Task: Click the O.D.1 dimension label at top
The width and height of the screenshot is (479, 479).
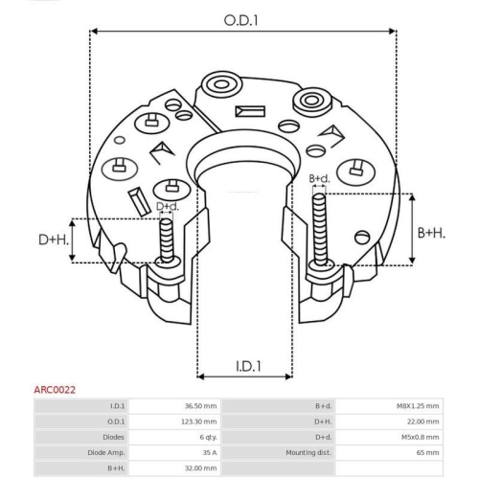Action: pos(240,20)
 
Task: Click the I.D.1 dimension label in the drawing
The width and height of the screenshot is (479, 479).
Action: pos(248,366)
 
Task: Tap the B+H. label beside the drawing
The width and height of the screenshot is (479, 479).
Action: pos(431,233)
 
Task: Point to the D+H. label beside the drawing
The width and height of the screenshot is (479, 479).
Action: pos(54,239)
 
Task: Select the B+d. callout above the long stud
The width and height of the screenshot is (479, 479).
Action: pos(319,178)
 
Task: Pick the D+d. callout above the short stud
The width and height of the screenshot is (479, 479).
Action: pos(168,206)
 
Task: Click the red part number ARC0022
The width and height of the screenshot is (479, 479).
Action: pos(55,390)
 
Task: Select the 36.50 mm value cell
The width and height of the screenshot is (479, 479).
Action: pos(200,406)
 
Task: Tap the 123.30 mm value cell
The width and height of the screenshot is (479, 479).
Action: pos(198,422)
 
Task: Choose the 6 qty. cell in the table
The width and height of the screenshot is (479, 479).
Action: pos(208,437)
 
